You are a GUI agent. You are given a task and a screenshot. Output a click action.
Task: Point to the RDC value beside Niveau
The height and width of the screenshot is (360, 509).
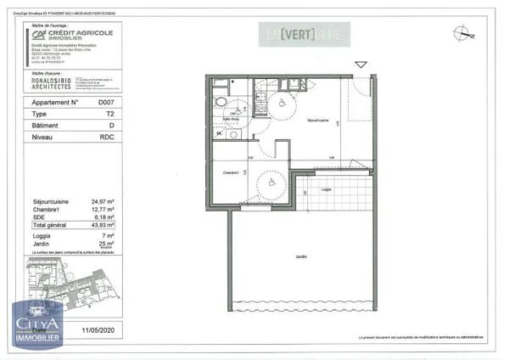(105, 136)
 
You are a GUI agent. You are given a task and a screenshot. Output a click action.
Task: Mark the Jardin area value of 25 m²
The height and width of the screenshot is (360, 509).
(106, 244)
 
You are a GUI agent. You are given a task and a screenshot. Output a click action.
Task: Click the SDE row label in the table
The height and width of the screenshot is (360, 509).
(38, 217)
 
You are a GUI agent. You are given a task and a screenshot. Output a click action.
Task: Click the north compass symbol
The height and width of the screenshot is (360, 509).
(461, 34)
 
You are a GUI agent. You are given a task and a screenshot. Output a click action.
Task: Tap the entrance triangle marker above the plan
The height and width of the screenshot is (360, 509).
(361, 65)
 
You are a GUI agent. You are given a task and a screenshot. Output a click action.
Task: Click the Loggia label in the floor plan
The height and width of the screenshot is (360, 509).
(326, 189)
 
